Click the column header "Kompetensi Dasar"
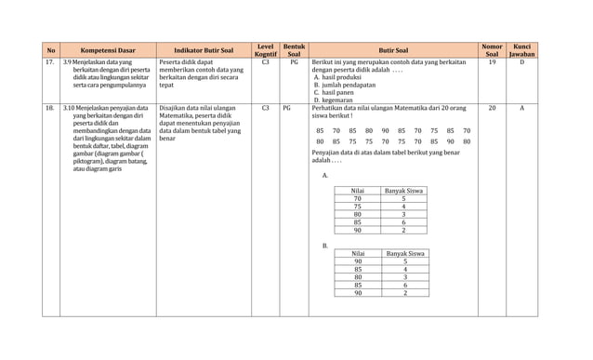pyautogui.click(x=108, y=50)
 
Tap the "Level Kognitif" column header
pyautogui.click(x=265, y=50)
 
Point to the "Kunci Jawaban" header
pyautogui.click(x=521, y=50)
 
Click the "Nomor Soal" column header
pyautogui.click(x=492, y=50)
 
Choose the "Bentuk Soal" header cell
pyautogui.click(x=294, y=50)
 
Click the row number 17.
pyautogui.click(x=49, y=62)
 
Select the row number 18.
pyautogui.click(x=49, y=108)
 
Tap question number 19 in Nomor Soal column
pyautogui.click(x=492, y=62)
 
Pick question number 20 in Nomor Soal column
pyautogui.click(x=492, y=108)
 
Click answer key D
pyautogui.click(x=521, y=62)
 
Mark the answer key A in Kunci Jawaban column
pyautogui.click(x=521, y=108)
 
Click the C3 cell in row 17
pyautogui.click(x=265, y=62)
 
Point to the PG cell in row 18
pyautogui.click(x=286, y=108)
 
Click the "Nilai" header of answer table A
pyautogui.click(x=357, y=191)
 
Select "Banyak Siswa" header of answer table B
pyautogui.click(x=405, y=253)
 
